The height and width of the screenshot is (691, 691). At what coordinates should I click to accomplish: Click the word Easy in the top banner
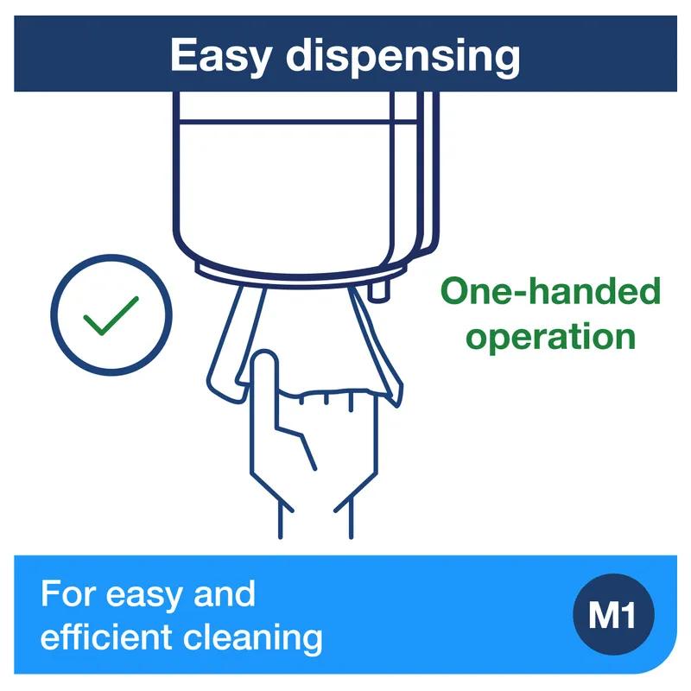[x=221, y=55]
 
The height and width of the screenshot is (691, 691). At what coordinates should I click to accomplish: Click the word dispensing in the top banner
[x=403, y=55]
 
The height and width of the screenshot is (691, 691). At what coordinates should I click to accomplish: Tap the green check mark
[x=111, y=315]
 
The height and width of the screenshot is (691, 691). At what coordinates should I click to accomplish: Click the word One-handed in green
[x=550, y=291]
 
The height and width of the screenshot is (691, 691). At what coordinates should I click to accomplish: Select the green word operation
[x=550, y=338]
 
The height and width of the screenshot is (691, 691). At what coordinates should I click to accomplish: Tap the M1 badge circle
[x=613, y=614]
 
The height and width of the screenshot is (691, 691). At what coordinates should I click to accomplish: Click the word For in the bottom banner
[x=68, y=594]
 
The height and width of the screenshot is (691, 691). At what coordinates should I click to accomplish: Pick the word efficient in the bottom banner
[x=106, y=637]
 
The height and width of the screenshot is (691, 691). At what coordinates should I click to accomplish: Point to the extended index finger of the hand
[x=264, y=384]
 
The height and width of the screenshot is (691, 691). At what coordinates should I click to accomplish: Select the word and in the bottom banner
[x=225, y=594]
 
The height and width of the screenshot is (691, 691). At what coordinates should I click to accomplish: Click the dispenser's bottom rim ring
[x=299, y=276]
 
